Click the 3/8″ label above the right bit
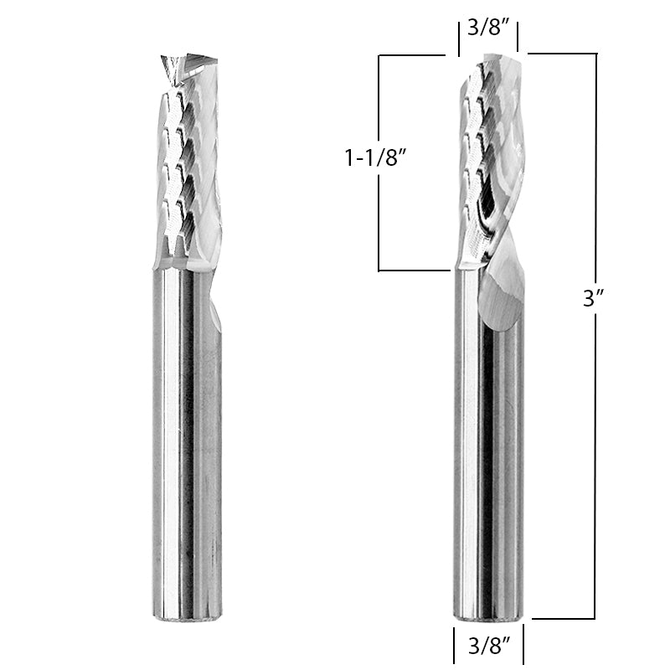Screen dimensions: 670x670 487,28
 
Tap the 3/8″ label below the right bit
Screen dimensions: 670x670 488,645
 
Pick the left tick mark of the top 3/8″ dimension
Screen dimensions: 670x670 457,39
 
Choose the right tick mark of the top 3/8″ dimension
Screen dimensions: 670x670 518,39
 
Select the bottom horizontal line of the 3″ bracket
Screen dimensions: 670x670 563,619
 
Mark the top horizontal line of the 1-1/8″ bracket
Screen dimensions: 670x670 410,55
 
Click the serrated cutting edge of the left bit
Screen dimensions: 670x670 174,167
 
